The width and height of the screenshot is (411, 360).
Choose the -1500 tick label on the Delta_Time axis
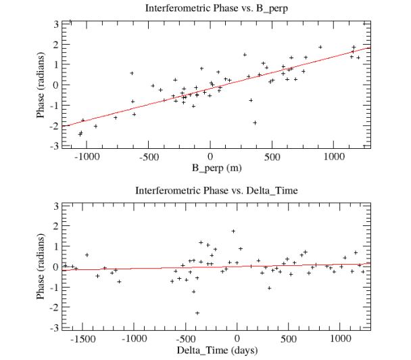tap(82, 338)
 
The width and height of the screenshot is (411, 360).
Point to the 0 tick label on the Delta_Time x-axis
tap(237, 338)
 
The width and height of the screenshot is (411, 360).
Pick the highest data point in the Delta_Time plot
tap(233, 231)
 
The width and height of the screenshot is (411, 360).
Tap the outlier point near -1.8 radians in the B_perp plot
tap(255, 122)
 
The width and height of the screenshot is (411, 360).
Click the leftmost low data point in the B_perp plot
tap(80, 134)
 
